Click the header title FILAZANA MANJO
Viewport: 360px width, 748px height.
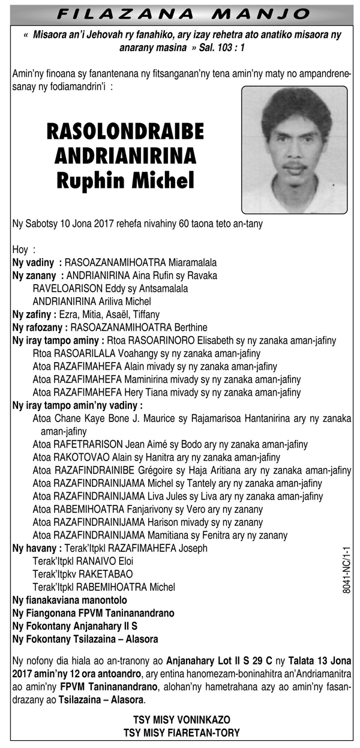pos(179,13)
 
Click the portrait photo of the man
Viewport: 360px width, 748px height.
pos(294,149)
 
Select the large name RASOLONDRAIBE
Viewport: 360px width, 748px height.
pos(125,131)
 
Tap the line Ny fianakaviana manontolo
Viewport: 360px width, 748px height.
pos(70,600)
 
